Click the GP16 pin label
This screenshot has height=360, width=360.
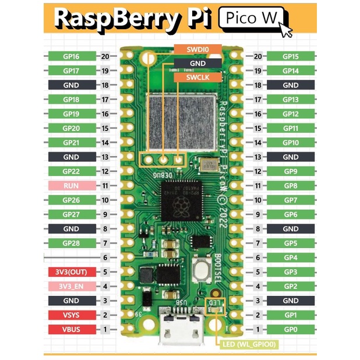[71, 57]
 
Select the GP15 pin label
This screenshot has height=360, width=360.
[290, 57]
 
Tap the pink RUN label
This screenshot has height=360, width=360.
[71, 186]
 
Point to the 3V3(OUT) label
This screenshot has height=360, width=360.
[71, 272]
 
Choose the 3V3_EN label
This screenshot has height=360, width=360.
[71, 287]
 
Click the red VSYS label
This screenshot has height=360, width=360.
[71, 315]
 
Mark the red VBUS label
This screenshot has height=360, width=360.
[71, 330]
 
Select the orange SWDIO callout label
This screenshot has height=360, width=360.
[197, 50]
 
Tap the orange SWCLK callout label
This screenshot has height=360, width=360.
[197, 77]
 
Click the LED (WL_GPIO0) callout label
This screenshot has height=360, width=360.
[250, 344]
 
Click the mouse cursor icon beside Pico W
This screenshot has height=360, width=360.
[285, 29]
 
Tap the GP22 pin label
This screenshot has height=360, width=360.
[71, 171]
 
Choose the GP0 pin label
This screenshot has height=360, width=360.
[290, 330]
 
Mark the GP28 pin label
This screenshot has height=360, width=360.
[71, 243]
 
